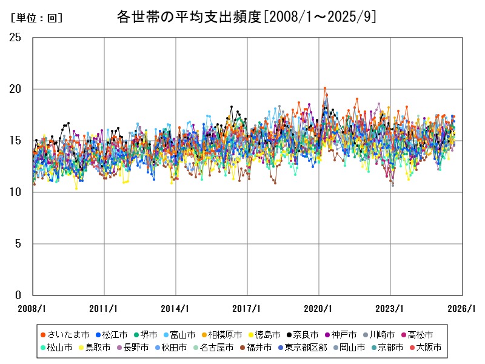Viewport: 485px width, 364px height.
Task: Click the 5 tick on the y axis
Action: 18,244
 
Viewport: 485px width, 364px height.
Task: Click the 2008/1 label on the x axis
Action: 33,308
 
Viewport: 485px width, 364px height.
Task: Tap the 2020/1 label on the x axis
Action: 319,308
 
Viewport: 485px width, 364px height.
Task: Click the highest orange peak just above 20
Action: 325,88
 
